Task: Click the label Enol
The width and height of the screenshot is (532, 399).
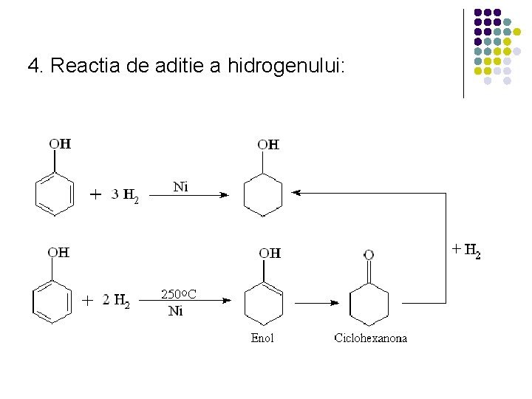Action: click(x=262, y=338)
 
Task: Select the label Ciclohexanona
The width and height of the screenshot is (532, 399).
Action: click(x=370, y=338)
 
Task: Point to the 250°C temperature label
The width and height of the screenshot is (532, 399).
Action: click(x=179, y=295)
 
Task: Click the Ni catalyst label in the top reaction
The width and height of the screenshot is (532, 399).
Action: click(x=180, y=187)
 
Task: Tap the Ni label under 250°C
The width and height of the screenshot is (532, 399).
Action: click(x=176, y=311)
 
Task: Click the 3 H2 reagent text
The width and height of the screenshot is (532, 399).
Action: click(x=124, y=196)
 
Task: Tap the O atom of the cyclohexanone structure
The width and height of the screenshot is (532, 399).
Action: click(x=369, y=255)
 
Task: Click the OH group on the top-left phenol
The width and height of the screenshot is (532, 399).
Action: click(x=60, y=143)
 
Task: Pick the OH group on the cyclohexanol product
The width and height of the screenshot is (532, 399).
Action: click(x=269, y=144)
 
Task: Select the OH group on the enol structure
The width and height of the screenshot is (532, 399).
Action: click(x=270, y=253)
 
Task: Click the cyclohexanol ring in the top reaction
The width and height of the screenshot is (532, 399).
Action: click(x=262, y=195)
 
